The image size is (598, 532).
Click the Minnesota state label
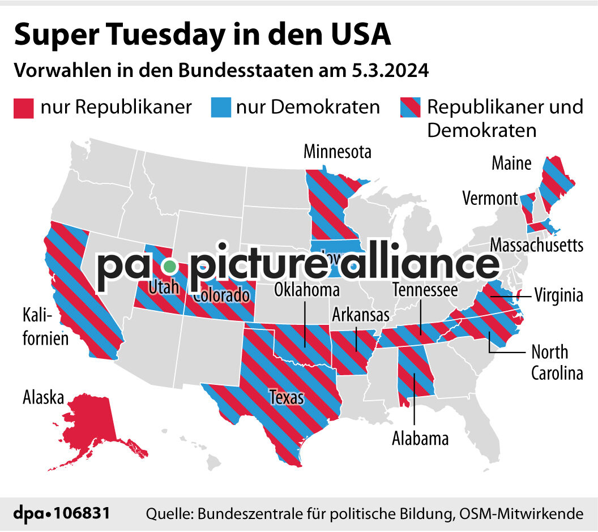pyautogui.click(x=338, y=152)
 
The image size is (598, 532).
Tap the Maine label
pyautogui.click(x=511, y=164)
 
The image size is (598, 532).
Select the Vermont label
pyautogui.click(x=490, y=199)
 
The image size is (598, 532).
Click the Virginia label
pyautogui.click(x=558, y=295)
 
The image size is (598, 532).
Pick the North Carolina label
pyautogui.click(x=557, y=362)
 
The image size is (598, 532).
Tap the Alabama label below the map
pyautogui.click(x=420, y=438)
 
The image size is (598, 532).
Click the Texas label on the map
pyautogui.click(x=286, y=397)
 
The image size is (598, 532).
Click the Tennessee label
pyautogui.click(x=425, y=290)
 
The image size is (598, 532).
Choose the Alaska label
pyautogui.click(x=43, y=397)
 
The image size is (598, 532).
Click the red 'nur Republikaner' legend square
pyautogui.click(x=23, y=107)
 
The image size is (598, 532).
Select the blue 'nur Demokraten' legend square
pyautogui.click(x=220, y=107)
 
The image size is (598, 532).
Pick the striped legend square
pyautogui.click(x=410, y=107)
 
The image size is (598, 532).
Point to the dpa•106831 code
pyautogui.click(x=62, y=513)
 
